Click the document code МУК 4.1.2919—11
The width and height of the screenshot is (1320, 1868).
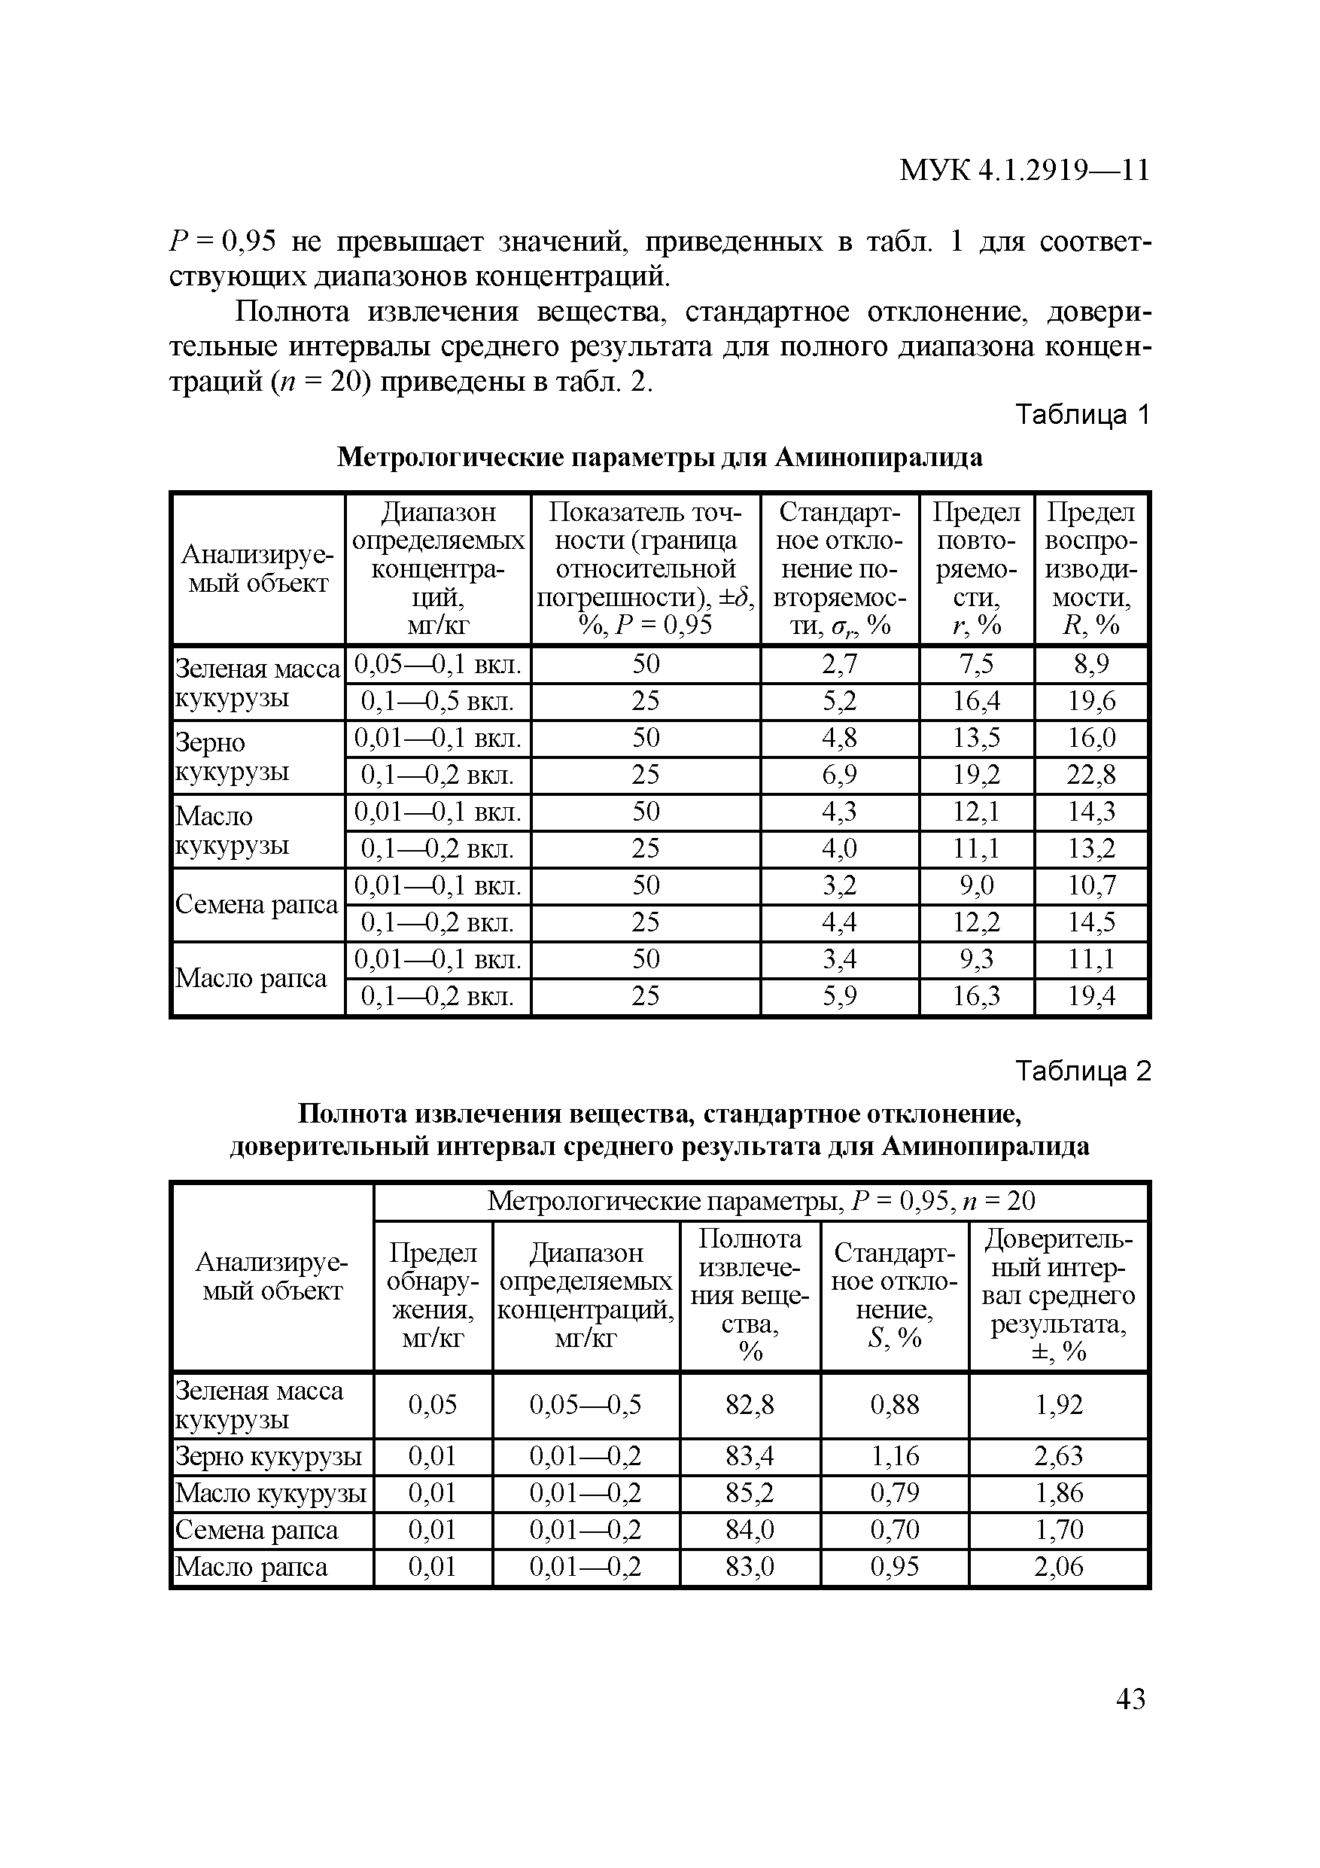pos(1024,170)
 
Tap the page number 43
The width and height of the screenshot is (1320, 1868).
pos(1130,1699)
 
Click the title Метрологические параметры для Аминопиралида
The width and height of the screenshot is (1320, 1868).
pos(659,457)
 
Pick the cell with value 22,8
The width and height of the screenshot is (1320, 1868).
pos(1090,775)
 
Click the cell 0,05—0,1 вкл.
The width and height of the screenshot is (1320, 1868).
pos(437,664)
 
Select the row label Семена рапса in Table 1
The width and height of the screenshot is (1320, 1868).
pos(256,904)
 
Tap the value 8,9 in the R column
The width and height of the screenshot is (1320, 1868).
pos(1090,664)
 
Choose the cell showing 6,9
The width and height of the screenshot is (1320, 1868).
pos(839,775)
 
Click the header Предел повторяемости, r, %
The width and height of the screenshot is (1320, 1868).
pos(976,568)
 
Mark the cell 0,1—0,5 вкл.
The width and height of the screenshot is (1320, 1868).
pos(437,701)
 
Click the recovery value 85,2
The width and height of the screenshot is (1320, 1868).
pos(750,1493)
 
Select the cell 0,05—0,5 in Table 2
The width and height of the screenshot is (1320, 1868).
pos(585,1404)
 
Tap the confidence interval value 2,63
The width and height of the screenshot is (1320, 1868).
pos(1058,1455)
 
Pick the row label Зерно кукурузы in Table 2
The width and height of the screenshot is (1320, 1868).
pos(269,1455)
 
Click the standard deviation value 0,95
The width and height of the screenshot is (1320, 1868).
pos(895,1567)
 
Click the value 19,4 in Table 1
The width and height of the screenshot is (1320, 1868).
pos(1090,996)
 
